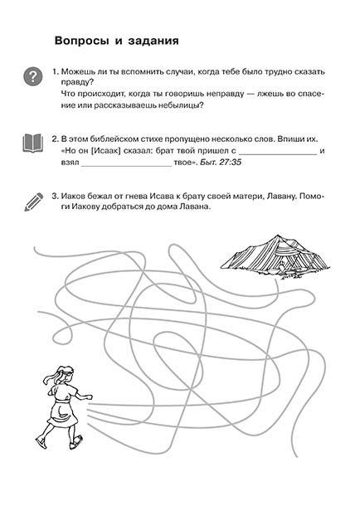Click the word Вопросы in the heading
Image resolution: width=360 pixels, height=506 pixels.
click(x=82, y=41)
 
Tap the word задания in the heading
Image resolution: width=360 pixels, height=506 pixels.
click(x=153, y=41)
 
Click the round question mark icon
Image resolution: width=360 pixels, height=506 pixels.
click(x=33, y=76)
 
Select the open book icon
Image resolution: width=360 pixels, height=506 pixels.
click(x=32, y=143)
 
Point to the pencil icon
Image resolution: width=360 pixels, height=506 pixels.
click(x=33, y=202)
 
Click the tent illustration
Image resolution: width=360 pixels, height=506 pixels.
click(x=275, y=257)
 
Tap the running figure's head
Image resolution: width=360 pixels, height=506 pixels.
click(x=64, y=375)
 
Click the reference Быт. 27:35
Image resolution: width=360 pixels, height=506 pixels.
click(x=221, y=162)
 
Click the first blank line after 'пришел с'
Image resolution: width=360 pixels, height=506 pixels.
click(x=277, y=154)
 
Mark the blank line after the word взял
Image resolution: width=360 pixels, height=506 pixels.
click(x=126, y=166)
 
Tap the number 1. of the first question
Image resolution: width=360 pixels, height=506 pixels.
click(x=55, y=71)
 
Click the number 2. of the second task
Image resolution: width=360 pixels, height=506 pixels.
click(x=55, y=139)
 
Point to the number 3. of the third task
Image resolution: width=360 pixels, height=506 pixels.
click(x=55, y=197)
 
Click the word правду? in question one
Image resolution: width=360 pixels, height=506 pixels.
click(x=77, y=82)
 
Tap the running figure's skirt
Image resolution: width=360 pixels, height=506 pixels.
click(x=62, y=414)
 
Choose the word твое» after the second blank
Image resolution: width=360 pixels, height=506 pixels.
click(x=185, y=162)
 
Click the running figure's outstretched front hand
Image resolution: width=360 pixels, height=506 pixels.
click(x=89, y=397)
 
